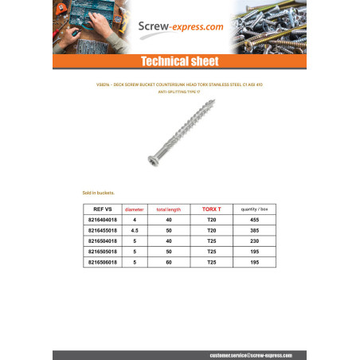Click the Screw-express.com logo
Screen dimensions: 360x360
[181, 26]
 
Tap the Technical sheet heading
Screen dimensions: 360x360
[179, 62]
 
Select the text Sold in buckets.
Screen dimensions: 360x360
[99, 193]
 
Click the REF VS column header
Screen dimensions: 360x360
[103, 209]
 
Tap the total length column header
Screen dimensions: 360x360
[169, 209]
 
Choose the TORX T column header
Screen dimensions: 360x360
[211, 209]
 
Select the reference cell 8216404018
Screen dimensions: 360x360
[103, 220]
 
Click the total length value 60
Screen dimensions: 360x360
[169, 261]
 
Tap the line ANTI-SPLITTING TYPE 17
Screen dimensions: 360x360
[179, 92]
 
